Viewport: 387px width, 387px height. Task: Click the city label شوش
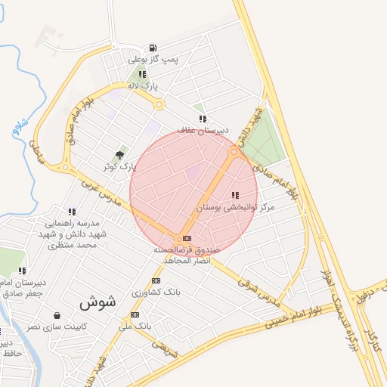click(98, 302)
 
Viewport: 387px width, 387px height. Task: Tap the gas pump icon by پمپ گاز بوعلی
click(153, 48)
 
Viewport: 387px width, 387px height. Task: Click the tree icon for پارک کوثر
click(119, 154)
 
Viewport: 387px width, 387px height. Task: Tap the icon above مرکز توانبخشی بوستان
click(235, 195)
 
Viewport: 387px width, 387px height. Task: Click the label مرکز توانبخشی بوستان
click(235, 206)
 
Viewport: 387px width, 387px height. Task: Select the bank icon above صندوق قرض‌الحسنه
click(187, 238)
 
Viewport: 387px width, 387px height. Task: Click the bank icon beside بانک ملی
click(135, 314)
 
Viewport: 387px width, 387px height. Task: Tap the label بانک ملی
click(135, 326)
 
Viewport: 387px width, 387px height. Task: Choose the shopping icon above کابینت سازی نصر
click(57, 315)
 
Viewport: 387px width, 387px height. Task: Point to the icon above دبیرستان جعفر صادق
click(23, 270)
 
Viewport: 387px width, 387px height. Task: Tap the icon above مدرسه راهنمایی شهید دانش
click(72, 212)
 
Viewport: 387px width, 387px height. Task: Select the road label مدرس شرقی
click(258, 293)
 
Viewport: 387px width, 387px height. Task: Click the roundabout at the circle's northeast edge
click(234, 152)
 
